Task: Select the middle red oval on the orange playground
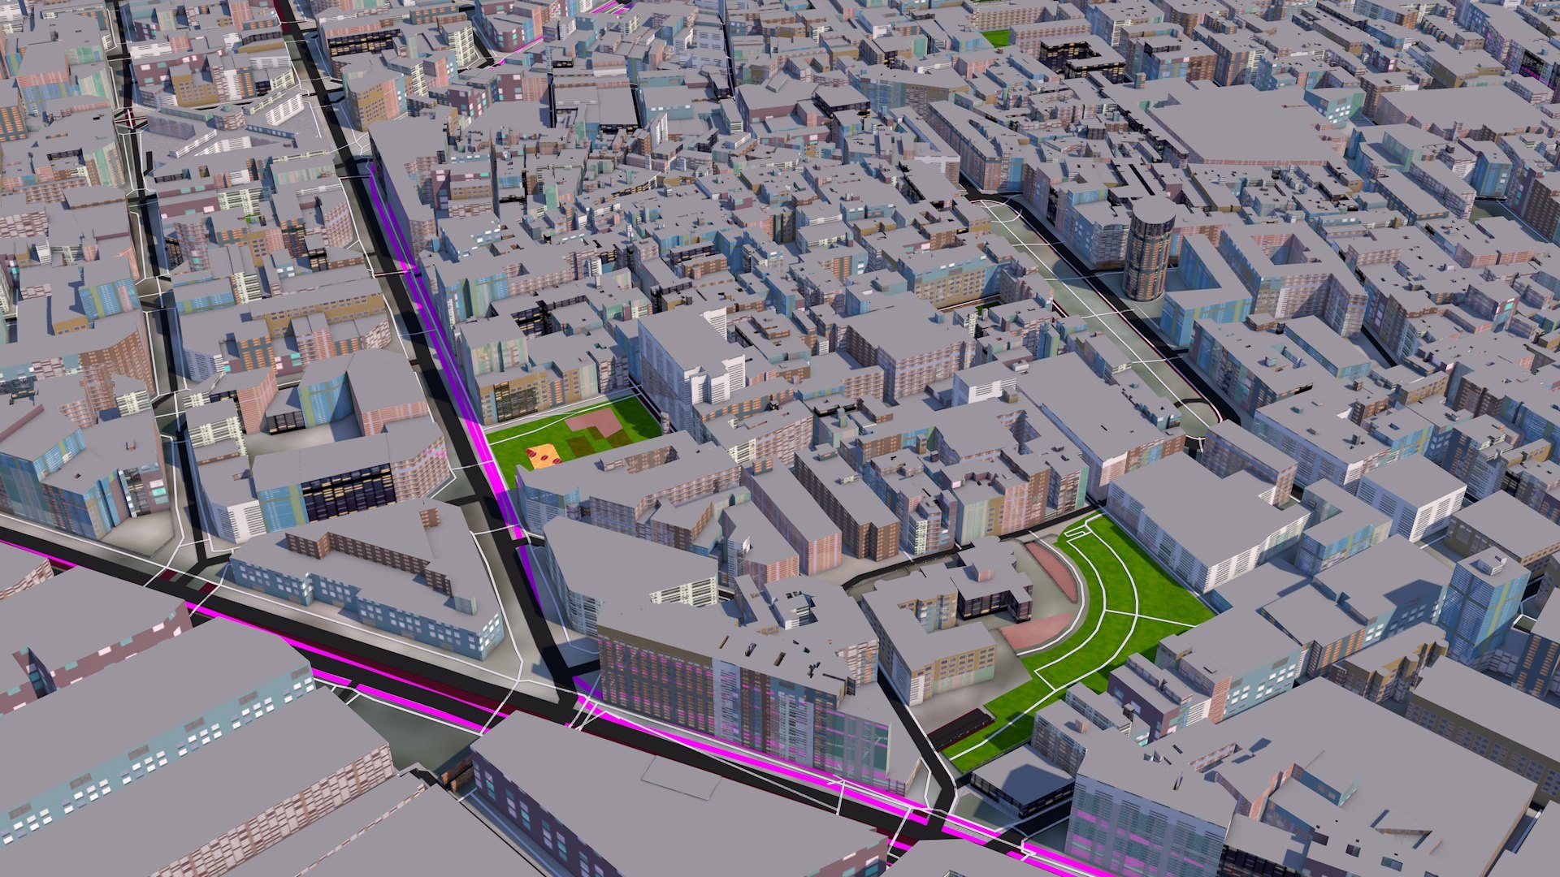pyautogui.click(x=543, y=459)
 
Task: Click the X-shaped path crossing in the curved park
pyautogui.click(x=1134, y=614)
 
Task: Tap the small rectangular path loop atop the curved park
pyautogui.click(x=1076, y=532)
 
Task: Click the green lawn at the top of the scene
pyautogui.click(x=996, y=37)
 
